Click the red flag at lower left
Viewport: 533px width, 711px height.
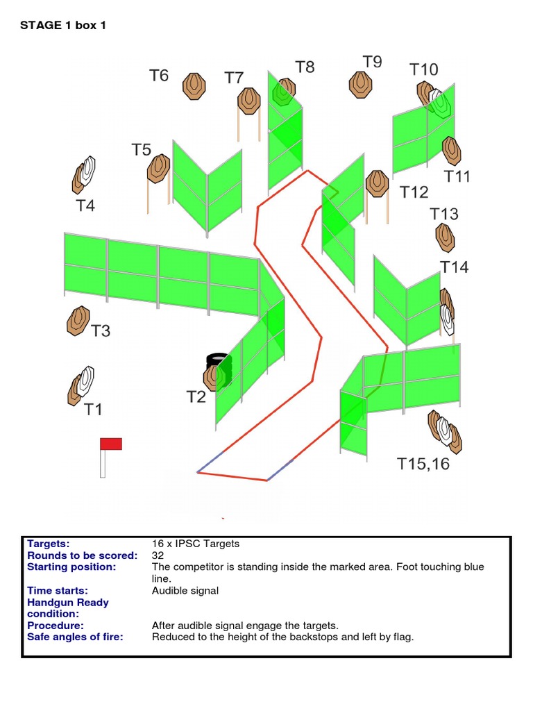click(x=111, y=444)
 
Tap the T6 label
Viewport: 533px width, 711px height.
click(x=160, y=75)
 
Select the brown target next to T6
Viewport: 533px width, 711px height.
click(x=194, y=86)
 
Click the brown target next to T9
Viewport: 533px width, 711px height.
click(x=359, y=83)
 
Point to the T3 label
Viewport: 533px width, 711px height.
click(x=101, y=331)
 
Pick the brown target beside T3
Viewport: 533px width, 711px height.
click(x=78, y=321)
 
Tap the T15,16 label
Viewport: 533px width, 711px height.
click(x=423, y=464)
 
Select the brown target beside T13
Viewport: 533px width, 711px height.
click(x=445, y=237)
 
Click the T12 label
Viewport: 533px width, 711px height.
click(x=414, y=192)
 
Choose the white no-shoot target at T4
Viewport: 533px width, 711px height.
click(x=87, y=171)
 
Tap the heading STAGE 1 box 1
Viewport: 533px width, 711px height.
click(x=63, y=26)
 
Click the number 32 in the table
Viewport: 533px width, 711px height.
click(x=158, y=555)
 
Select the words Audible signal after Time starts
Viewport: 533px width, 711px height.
click(x=185, y=591)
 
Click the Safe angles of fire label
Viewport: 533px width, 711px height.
click(x=75, y=637)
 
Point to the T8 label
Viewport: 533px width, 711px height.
click(x=305, y=67)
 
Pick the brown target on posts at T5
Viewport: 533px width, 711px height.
click(x=159, y=168)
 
